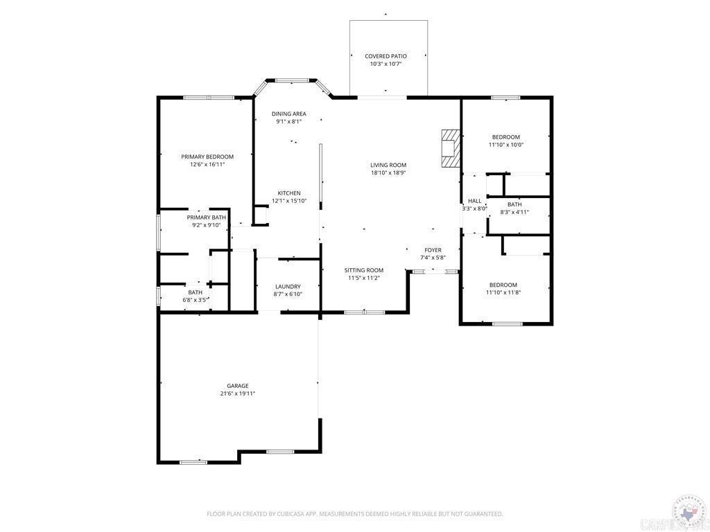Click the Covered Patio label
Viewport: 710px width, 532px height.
pos(386,56)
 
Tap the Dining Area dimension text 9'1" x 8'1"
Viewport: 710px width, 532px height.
pos(288,122)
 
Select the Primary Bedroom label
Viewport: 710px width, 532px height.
pos(207,157)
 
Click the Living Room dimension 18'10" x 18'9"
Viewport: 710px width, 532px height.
pos(388,173)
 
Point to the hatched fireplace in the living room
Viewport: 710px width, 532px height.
pos(450,148)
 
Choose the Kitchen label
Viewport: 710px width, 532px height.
pos(289,193)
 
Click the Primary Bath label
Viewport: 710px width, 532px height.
pos(206,218)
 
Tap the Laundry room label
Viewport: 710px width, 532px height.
pos(288,286)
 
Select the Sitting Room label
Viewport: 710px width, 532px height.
pos(364,270)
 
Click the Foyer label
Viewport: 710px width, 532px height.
pos(433,249)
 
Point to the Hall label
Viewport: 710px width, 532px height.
pos(474,201)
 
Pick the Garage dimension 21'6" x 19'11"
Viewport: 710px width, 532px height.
pos(237,394)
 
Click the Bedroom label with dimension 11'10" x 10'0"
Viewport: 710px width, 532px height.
pos(505,137)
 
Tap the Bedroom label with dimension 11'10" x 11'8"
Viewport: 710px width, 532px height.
pos(503,285)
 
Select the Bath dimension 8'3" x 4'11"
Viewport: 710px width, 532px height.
pos(514,213)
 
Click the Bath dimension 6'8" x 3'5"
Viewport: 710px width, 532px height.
pos(195,301)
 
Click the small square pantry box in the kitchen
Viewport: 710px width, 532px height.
pos(261,215)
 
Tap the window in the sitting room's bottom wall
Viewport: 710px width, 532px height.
pos(365,312)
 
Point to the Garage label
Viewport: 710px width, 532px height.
pos(237,386)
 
